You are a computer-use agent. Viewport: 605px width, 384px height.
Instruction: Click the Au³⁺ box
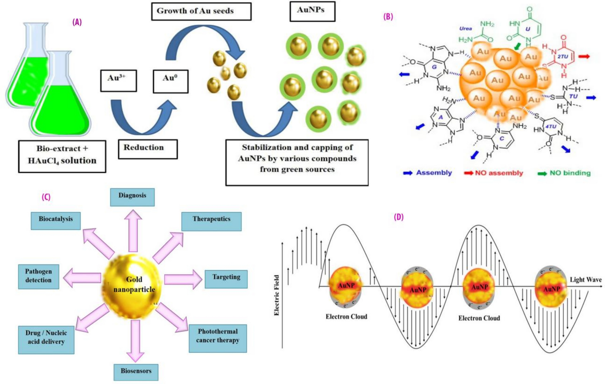click(118, 80)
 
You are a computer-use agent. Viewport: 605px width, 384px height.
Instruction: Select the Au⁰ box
click(170, 81)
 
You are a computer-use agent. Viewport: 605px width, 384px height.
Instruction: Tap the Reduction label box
click(147, 149)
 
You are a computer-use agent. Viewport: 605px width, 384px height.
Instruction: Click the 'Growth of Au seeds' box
click(201, 11)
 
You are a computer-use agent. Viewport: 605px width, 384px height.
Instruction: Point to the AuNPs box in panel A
click(312, 11)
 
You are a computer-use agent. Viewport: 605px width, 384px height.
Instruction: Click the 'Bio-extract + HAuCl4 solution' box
click(62, 156)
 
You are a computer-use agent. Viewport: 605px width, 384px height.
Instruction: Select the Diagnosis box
click(132, 197)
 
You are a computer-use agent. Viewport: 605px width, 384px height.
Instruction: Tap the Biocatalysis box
click(55, 221)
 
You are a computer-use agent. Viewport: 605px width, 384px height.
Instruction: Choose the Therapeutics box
click(211, 221)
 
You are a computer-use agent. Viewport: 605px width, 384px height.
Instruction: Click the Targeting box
click(226, 279)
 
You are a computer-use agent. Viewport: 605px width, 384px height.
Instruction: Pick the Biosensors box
click(136, 372)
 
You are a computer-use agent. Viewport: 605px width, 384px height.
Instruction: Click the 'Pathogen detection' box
click(39, 276)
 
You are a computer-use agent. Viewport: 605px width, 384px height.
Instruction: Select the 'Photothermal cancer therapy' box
click(217, 338)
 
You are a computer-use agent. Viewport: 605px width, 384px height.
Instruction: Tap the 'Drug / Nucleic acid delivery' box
click(46, 339)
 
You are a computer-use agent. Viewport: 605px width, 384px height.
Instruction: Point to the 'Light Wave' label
click(585, 280)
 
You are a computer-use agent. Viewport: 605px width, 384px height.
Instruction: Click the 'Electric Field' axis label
click(277, 295)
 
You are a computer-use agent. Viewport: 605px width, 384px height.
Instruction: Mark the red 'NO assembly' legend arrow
click(468, 173)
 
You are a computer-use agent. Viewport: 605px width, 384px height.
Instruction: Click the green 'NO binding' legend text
click(570, 173)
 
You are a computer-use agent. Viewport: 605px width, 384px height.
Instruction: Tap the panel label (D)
click(398, 217)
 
